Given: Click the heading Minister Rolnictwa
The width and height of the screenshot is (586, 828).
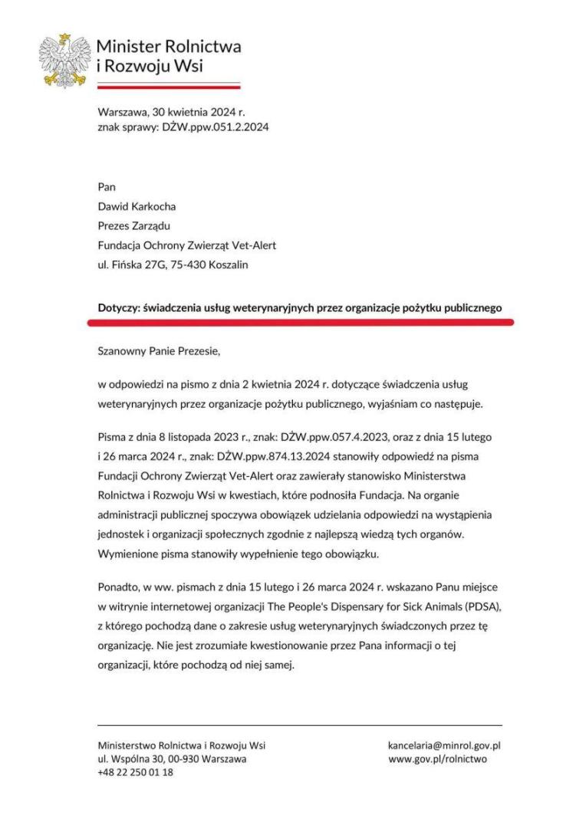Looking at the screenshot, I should pos(169,46).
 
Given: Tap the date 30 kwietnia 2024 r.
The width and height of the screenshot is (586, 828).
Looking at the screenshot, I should pos(200,112).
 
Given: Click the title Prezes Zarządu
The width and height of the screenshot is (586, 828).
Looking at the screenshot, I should pos(134,226).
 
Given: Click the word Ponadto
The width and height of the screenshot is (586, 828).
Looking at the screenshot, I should pos(120,586).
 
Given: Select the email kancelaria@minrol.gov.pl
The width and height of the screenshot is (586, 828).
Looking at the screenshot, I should pos(445,745).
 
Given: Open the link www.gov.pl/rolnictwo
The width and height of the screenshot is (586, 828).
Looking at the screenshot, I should pos(438,759).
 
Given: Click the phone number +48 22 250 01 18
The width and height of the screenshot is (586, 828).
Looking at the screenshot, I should pos(135,773).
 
